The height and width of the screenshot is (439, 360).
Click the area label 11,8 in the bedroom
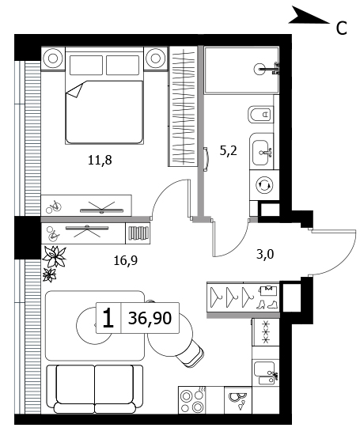100,161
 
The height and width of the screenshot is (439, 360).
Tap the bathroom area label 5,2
229,151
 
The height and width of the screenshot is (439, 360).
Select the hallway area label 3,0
265,255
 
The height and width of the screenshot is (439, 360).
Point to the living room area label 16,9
126,261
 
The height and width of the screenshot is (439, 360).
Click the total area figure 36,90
150,318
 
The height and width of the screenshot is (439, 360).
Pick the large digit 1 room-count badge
108,318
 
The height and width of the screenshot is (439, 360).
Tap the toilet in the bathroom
260,114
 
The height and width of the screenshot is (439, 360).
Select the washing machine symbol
264,185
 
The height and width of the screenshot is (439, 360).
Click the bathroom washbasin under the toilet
262,153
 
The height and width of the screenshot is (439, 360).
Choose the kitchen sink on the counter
265,373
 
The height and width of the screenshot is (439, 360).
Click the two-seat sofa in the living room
95,389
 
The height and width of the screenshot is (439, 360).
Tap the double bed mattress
104,112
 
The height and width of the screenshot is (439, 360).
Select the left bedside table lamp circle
53,59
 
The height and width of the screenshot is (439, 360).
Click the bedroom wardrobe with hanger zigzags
184,107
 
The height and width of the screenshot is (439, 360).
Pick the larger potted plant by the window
55,256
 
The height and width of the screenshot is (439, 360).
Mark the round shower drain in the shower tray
260,68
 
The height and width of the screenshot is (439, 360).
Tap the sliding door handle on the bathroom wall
207,159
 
